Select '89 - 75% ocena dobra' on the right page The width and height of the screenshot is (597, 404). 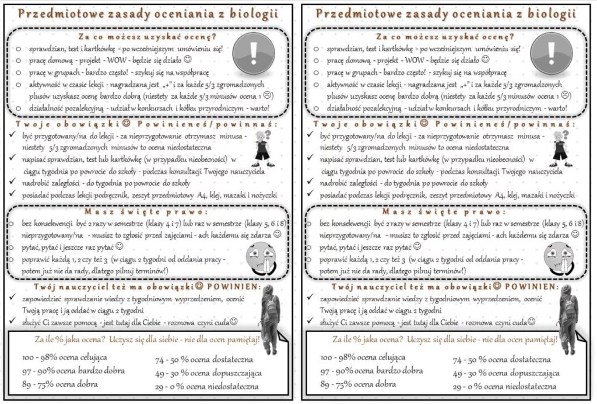[358, 384]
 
